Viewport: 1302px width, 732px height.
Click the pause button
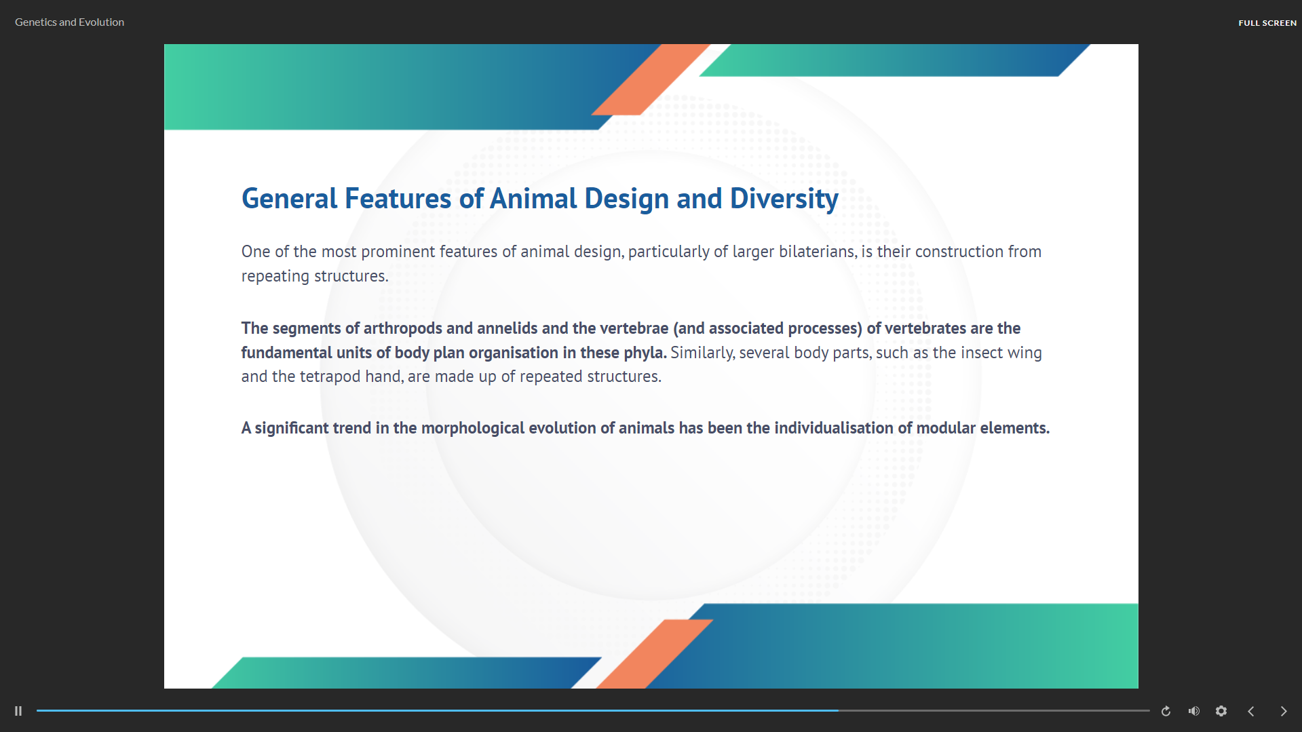tap(18, 711)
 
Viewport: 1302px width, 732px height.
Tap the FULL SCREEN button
tap(1267, 23)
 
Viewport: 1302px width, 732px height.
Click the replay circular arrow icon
tap(1166, 711)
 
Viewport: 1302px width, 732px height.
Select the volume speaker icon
tap(1194, 711)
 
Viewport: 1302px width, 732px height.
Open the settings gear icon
tap(1221, 711)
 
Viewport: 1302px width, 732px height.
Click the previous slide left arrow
tap(1251, 711)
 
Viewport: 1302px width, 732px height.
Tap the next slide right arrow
tap(1284, 711)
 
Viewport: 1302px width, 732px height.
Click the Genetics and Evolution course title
tap(69, 22)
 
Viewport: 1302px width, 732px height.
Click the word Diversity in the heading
tap(784, 199)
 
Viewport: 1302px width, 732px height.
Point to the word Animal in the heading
tap(534, 199)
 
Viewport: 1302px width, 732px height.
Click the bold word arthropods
tap(403, 329)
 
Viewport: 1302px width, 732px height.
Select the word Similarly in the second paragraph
tap(702, 353)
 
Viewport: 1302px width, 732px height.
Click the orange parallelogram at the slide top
tap(651, 79)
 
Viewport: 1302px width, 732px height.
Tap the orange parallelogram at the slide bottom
tap(655, 654)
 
